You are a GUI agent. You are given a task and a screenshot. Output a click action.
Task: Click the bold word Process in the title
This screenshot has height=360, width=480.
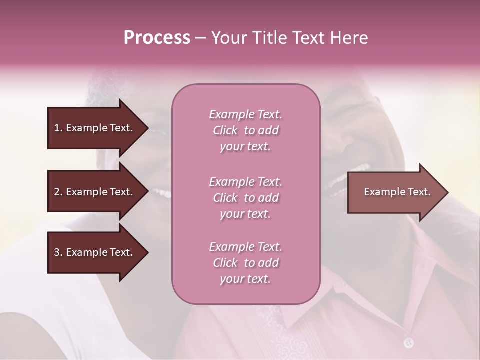157,38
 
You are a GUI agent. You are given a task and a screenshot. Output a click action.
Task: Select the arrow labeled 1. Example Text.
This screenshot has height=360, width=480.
95,128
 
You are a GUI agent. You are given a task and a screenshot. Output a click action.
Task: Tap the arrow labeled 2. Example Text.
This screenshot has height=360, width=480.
95,192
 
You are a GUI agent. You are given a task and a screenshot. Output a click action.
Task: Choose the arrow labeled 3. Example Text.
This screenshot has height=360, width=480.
95,252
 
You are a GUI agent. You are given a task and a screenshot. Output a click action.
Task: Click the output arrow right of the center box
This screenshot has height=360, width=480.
395,192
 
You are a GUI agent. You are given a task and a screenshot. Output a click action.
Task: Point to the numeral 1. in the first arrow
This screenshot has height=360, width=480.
58,128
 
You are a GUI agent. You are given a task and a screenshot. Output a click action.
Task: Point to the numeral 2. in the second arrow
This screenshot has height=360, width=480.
58,192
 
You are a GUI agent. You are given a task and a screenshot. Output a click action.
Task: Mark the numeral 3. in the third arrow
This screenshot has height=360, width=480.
58,252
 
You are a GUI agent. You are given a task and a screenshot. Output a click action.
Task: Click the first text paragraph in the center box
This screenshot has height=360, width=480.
245,130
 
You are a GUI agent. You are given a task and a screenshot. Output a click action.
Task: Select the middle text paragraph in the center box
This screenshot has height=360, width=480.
245,198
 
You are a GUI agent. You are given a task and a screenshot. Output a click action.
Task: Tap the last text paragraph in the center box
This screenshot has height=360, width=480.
245,263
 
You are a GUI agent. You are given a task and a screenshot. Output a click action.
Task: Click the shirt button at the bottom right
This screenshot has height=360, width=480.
409,342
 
